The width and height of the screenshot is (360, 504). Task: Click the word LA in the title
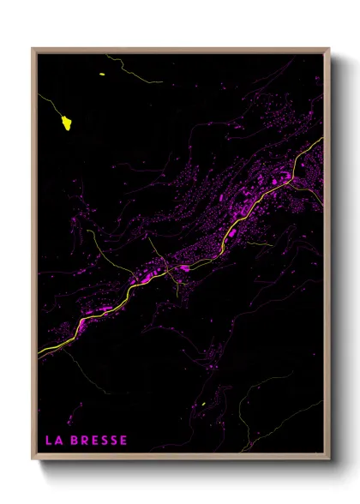click(54, 441)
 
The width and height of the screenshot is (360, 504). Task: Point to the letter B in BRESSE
click(75, 441)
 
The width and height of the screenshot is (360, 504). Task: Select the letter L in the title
click(49, 441)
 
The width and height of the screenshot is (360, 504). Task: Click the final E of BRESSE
click(123, 441)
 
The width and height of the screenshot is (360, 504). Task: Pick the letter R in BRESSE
click(85, 441)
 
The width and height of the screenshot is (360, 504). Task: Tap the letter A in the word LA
click(58, 441)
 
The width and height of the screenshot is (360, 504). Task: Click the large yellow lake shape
click(66, 123)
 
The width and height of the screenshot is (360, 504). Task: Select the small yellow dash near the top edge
click(102, 75)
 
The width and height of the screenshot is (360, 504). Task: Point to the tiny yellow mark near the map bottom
click(203, 405)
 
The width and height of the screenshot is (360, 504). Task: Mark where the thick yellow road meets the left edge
click(39, 351)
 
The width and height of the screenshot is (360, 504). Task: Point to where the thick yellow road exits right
click(321, 139)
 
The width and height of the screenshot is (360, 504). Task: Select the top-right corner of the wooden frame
click(329, 49)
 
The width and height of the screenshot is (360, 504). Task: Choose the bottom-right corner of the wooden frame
click(329, 459)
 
